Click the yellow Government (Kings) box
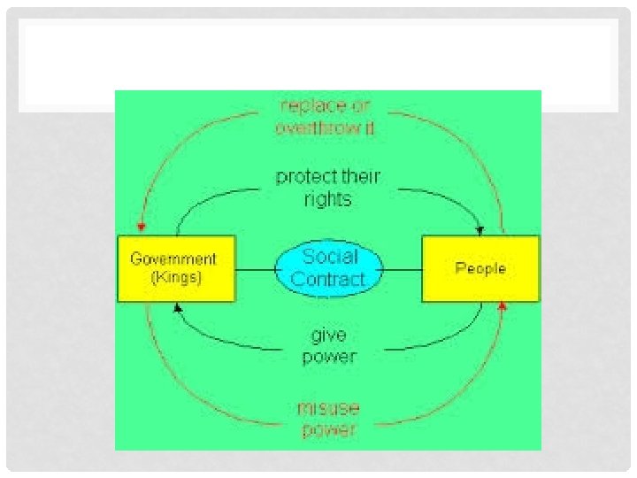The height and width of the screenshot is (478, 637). point(176,268)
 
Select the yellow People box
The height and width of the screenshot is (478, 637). point(480,268)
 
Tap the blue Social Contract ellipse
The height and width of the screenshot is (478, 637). point(329,268)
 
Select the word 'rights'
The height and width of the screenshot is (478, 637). point(327,198)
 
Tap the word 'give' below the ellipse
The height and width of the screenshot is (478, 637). point(328,335)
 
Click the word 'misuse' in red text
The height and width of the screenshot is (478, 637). point(328,410)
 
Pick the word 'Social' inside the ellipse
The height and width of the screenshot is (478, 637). point(330,257)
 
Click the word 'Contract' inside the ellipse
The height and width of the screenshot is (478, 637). point(328,280)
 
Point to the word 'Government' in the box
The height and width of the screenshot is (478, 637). point(173,259)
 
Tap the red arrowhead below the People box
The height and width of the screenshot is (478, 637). point(503,306)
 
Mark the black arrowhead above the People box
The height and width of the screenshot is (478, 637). point(480,230)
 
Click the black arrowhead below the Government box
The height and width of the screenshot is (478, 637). point(178,307)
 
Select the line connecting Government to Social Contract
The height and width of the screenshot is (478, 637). point(255,268)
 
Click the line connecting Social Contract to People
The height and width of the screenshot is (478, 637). point(403,268)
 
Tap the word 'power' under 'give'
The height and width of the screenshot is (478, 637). point(329,357)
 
